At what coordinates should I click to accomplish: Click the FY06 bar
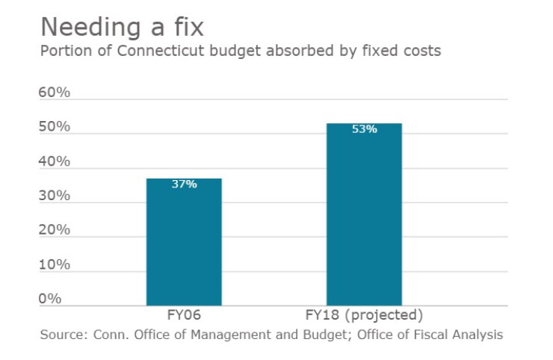184,242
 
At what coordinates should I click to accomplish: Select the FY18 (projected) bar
365,214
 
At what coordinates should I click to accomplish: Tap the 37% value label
184,184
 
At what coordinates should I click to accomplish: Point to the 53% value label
365,129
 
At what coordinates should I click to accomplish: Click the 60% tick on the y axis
55,93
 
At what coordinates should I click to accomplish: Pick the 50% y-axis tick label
55,126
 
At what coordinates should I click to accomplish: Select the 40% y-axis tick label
55,161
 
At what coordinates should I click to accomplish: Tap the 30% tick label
55,196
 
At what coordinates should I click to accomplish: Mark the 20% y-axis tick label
55,230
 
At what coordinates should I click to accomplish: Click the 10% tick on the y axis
55,264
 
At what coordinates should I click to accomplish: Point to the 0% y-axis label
50,299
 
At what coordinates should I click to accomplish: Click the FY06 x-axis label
184,315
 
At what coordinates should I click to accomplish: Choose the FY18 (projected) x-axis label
364,315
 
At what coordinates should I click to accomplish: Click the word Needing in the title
91,28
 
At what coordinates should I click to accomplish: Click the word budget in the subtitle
235,52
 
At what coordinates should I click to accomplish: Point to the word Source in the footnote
64,335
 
